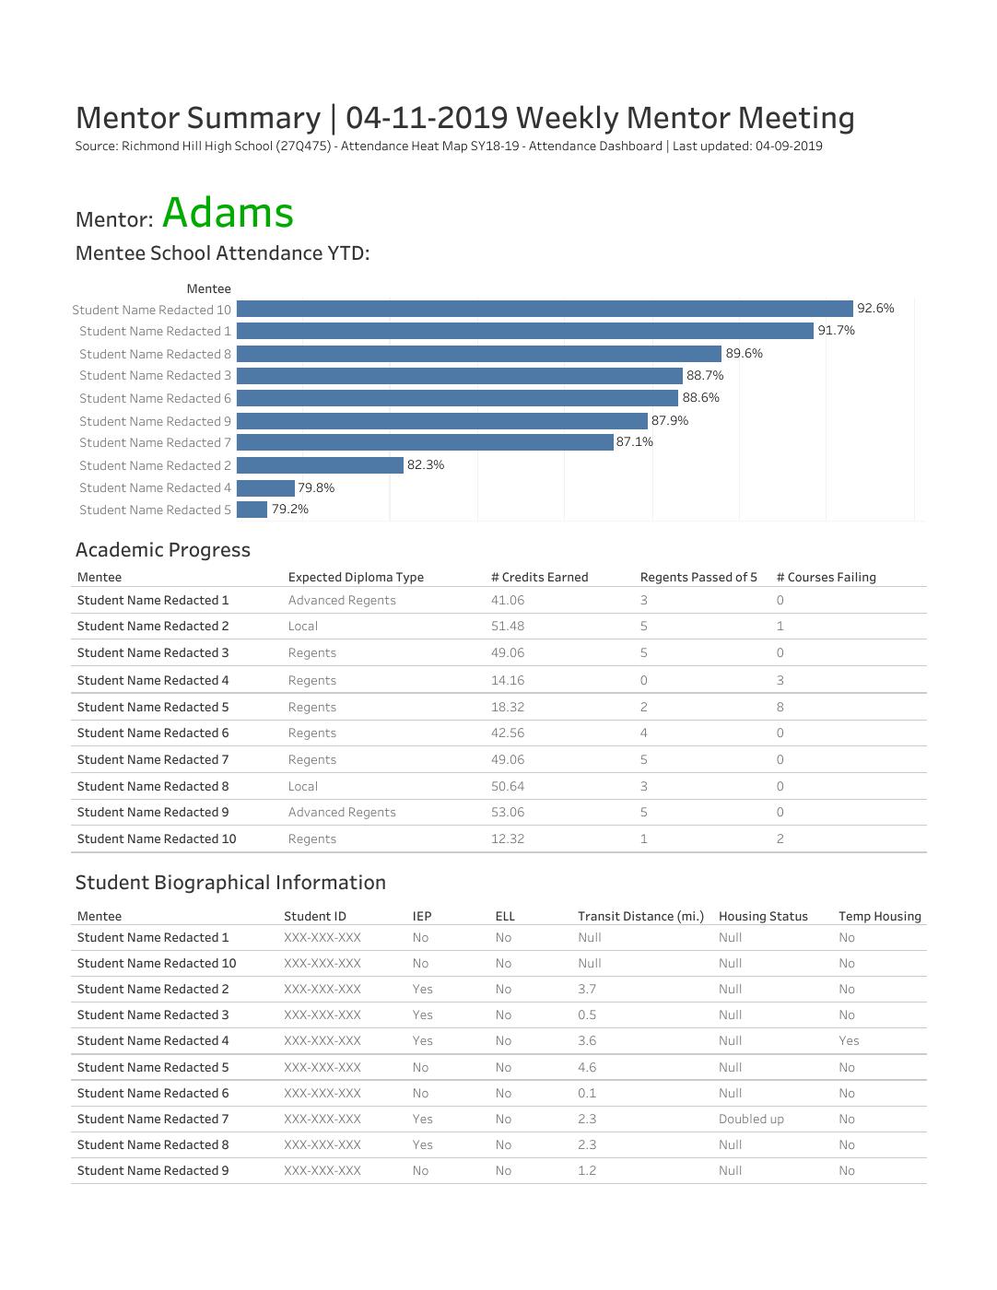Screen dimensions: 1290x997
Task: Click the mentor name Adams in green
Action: (228, 214)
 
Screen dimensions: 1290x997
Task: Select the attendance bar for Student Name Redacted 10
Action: (544, 309)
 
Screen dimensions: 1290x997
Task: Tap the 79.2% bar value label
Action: (289, 510)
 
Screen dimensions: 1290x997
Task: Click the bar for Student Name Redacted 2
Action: (320, 465)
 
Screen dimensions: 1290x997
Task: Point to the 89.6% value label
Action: (744, 354)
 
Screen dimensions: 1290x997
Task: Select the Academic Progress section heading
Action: (162, 550)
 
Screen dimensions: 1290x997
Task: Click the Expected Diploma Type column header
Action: (356, 578)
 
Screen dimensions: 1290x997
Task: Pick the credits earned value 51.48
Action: (507, 627)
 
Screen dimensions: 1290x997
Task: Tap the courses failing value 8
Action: (780, 708)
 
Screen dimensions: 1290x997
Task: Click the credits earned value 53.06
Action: (507, 813)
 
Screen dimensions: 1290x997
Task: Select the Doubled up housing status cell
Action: (751, 1120)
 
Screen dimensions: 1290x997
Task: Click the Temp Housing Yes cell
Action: (848, 1041)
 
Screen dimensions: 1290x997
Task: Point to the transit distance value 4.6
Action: (586, 1068)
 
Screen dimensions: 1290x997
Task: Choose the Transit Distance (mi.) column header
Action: (640, 917)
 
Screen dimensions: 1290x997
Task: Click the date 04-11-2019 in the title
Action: (427, 118)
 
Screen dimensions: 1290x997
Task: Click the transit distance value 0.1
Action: (586, 1094)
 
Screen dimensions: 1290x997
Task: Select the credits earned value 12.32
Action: (507, 839)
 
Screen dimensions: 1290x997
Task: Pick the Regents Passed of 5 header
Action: (698, 578)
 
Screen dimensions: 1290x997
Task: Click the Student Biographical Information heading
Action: (230, 883)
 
